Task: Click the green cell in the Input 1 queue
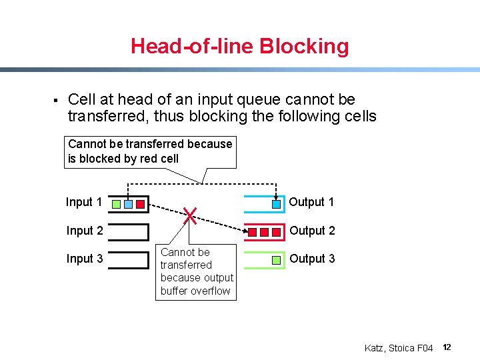[x=117, y=204]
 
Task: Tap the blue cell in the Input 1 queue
[x=128, y=204]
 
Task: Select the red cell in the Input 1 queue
[x=139, y=204]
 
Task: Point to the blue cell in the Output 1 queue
[x=276, y=204]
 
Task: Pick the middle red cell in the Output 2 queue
[x=264, y=232]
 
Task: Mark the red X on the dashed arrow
[x=190, y=215]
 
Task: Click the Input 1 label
[x=84, y=202]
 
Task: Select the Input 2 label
[x=84, y=231]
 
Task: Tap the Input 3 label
[x=84, y=259]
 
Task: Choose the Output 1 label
[x=312, y=202]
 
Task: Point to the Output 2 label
[x=312, y=231]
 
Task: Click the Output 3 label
[x=312, y=259]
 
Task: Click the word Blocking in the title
[x=303, y=46]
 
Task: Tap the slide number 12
[x=447, y=347]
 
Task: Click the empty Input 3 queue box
[x=128, y=259]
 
